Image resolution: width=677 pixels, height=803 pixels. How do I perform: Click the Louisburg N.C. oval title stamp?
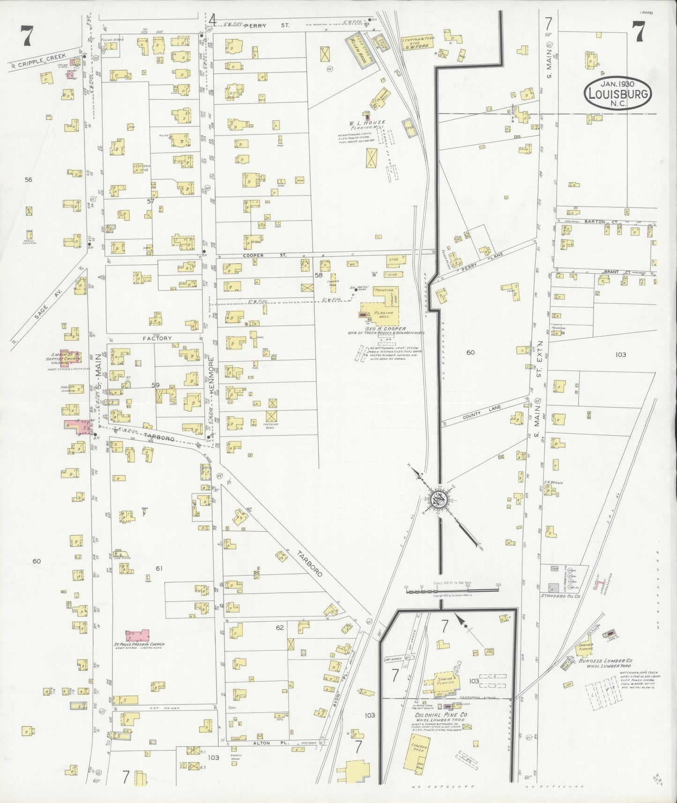(618, 94)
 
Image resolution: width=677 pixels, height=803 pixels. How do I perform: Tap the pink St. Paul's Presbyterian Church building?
(138, 635)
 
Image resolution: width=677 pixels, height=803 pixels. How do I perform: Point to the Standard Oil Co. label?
(561, 596)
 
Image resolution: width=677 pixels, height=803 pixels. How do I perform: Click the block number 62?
(280, 627)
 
